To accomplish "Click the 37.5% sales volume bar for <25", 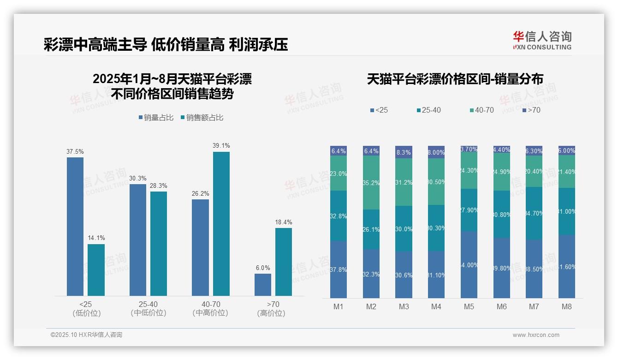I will coord(75,226).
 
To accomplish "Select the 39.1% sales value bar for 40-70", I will coord(221,224).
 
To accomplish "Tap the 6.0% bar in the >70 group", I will coord(263,285).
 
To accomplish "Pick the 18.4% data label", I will coord(284,222).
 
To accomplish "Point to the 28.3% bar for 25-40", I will coord(159,243).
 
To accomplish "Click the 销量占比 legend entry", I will coord(156,118).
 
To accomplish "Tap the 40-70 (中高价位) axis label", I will coord(210,309).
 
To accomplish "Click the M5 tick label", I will coord(469,307).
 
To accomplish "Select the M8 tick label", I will coord(567,307).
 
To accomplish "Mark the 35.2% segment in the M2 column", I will coord(371,183).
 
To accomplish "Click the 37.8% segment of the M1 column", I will coord(339,269).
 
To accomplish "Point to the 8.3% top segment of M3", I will coord(404,152).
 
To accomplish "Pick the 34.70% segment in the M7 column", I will coord(534,213).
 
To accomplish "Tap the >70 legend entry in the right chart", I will coord(531,110).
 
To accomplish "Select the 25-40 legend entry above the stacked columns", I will coord(428,110).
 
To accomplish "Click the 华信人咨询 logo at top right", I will coord(542,40).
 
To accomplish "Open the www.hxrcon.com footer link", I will coord(536,335).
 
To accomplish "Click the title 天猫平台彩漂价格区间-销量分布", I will coord(455,79).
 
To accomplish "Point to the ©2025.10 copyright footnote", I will coord(86,335).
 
